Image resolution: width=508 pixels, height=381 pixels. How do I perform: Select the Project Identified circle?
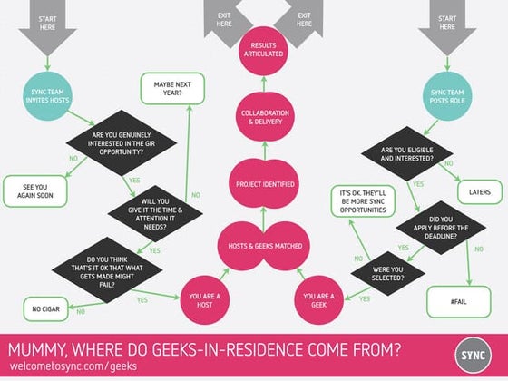pos(262,184)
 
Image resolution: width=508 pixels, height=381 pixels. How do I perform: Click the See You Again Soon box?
pos(33,191)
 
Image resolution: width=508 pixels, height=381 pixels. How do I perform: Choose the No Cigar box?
pos(45,308)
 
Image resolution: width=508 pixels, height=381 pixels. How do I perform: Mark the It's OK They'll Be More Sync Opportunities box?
pos(361,201)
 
